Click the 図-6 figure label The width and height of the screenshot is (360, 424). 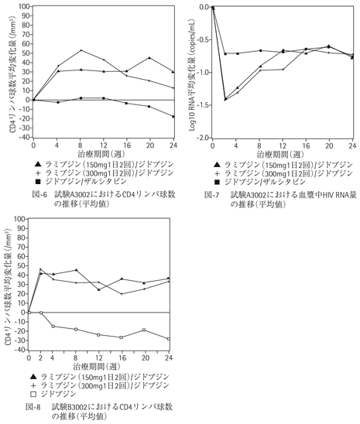(39, 194)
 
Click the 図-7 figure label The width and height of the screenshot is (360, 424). (211, 195)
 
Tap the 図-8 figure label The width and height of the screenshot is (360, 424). (33, 407)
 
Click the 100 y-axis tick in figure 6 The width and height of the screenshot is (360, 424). (26, 6)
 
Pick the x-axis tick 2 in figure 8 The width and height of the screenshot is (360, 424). (40, 358)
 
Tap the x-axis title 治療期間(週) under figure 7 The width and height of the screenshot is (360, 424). (280, 155)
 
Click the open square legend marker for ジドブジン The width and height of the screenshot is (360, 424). (33, 395)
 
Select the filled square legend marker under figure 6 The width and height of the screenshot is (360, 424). (38, 182)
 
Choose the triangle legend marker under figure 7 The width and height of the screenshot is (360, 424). (217, 165)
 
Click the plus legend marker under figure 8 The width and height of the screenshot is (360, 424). (33, 385)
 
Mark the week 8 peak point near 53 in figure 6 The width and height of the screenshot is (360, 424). (81, 50)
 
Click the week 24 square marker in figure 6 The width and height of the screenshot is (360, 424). (173, 117)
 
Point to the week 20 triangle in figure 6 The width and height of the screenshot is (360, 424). (149, 57)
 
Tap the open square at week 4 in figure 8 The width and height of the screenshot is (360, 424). (53, 327)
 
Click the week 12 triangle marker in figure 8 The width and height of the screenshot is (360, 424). (99, 289)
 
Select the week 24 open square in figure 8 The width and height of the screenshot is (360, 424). (169, 339)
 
